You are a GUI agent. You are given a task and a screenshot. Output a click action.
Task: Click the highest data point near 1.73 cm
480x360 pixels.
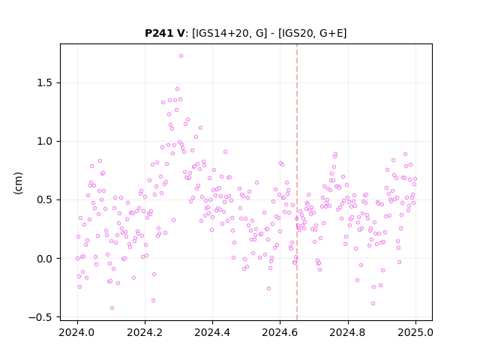click(181, 56)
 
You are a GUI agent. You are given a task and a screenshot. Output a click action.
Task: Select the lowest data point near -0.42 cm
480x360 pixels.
click(112, 307)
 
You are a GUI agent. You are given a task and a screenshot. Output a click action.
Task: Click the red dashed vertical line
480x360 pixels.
click(297, 182)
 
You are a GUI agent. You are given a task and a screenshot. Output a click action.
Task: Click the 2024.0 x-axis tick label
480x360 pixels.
click(77, 332)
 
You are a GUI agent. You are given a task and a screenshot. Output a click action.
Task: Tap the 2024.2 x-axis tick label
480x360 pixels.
click(145, 332)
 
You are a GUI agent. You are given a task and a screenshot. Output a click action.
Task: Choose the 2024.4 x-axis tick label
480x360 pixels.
click(212, 332)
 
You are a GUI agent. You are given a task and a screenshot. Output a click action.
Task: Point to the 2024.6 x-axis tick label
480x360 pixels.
click(280, 332)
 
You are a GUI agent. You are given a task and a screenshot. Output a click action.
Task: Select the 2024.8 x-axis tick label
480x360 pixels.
click(348, 332)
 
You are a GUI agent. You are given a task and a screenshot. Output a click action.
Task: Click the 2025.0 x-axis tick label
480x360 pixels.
click(415, 332)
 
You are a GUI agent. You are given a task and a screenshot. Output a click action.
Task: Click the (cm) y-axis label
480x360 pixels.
click(18, 183)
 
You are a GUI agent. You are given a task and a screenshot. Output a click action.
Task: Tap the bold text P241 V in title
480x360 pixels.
click(165, 33)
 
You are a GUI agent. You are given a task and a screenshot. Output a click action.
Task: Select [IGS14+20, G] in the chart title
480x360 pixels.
click(229, 33)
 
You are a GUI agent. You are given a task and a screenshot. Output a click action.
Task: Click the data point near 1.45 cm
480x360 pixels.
click(177, 88)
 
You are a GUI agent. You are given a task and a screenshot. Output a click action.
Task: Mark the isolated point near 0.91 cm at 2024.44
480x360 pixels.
click(225, 151)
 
